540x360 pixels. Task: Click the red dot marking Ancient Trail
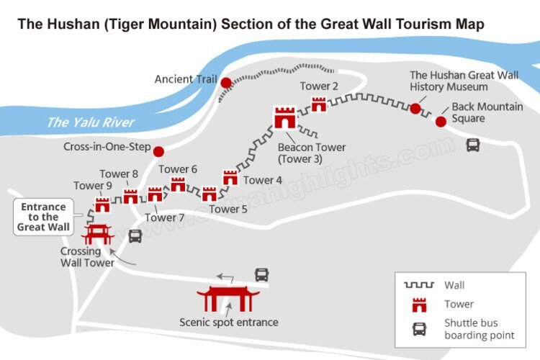(x=226, y=83)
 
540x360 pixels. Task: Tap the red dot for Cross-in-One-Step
(x=158, y=151)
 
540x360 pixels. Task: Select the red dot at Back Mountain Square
(x=441, y=121)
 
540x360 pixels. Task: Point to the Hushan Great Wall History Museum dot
(x=415, y=109)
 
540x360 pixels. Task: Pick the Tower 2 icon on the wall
(x=319, y=105)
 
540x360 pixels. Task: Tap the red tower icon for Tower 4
(x=230, y=178)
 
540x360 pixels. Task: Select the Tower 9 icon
(x=102, y=205)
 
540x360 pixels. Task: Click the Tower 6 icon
(x=178, y=184)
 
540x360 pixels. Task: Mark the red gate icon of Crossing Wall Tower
(x=97, y=235)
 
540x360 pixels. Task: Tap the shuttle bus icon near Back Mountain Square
(x=473, y=145)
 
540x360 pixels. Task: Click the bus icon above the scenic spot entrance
(x=261, y=274)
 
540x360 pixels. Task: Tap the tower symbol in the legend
(x=419, y=305)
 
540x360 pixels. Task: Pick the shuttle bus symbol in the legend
(x=419, y=329)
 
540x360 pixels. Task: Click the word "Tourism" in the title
(x=417, y=24)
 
